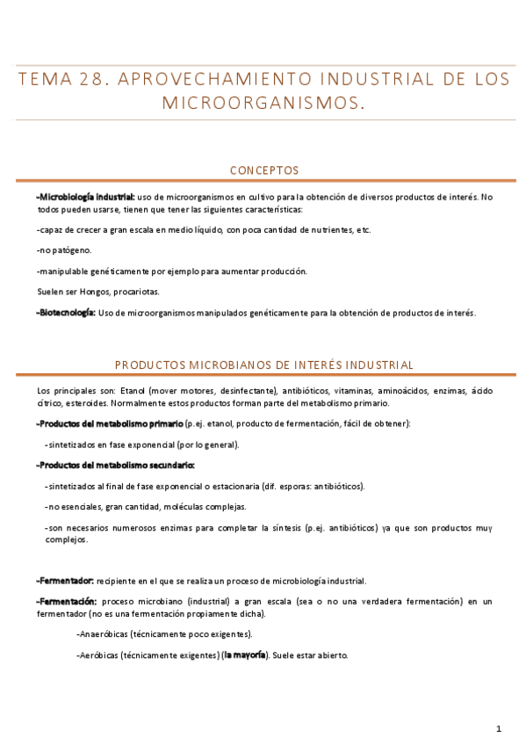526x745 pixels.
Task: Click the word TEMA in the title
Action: click(45, 79)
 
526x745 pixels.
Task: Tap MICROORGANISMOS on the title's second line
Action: click(263, 104)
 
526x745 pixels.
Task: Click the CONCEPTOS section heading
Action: click(263, 170)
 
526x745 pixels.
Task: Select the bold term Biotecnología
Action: click(67, 312)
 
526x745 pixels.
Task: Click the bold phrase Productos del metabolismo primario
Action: click(110, 423)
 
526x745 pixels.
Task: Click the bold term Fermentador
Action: click(65, 581)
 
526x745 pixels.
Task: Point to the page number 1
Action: click(498, 728)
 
